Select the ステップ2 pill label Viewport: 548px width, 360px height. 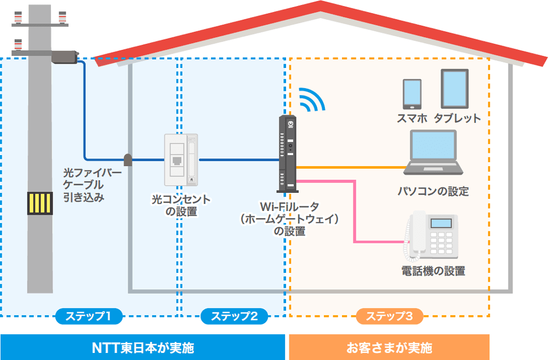(x=234, y=316)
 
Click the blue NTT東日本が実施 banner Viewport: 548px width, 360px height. (x=142, y=347)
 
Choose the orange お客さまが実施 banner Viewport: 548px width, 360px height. (x=389, y=347)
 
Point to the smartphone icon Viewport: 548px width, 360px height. (x=412, y=94)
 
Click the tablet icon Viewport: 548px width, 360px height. (x=455, y=89)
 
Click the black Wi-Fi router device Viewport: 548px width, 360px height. (x=287, y=154)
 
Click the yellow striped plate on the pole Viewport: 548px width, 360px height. (x=40, y=203)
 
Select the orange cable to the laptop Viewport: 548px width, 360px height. (x=351, y=167)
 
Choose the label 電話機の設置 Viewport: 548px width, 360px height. (x=433, y=271)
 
